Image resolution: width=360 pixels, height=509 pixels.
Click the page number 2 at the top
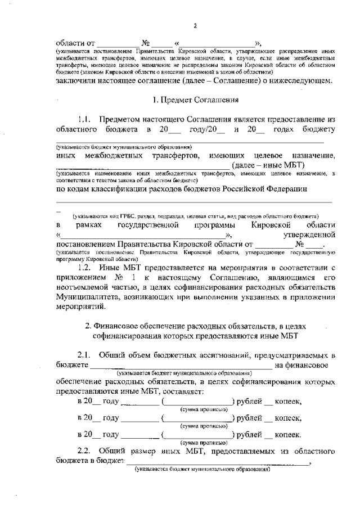(195, 26)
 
